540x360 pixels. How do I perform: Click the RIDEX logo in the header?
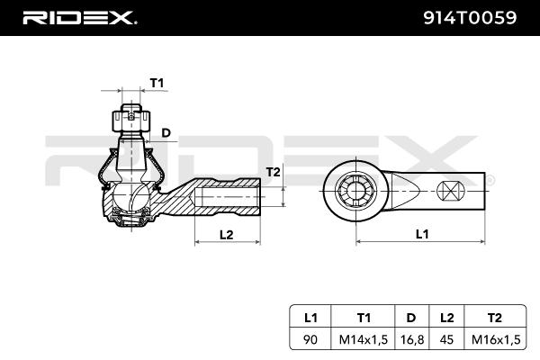click(78, 17)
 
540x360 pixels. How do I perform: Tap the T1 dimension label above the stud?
click(157, 83)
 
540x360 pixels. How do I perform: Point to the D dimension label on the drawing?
click(166, 133)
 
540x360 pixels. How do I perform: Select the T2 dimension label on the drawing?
click(274, 172)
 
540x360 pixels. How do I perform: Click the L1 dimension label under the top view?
click(420, 234)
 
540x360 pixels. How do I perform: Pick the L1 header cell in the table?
click(310, 317)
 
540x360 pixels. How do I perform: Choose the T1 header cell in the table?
click(364, 317)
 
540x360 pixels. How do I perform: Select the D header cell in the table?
click(410, 317)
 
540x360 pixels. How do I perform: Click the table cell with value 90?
click(310, 340)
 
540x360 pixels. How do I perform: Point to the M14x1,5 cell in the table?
click(364, 340)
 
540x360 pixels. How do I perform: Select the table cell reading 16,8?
click(410, 340)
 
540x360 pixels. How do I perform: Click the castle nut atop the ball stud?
click(130, 118)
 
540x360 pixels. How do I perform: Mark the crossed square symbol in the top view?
click(450, 191)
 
